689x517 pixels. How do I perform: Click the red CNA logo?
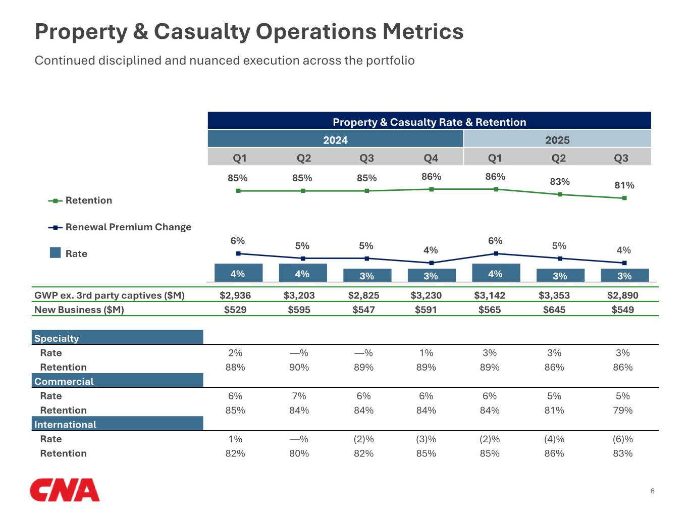(x=65, y=490)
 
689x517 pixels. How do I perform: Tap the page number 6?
(x=653, y=491)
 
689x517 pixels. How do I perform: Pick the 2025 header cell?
(x=557, y=140)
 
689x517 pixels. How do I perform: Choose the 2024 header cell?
(x=335, y=140)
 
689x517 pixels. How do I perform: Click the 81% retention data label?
(x=624, y=185)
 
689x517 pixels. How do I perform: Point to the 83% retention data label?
(x=560, y=182)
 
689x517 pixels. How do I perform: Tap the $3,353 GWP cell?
(x=554, y=295)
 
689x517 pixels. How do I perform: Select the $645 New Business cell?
(x=554, y=309)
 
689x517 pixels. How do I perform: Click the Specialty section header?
(x=57, y=338)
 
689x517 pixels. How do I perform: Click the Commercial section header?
(x=64, y=381)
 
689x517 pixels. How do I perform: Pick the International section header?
(x=65, y=424)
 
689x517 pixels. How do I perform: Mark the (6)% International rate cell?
(x=623, y=439)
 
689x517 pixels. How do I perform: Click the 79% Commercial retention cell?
(x=623, y=410)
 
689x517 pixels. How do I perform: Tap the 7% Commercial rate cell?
(x=299, y=396)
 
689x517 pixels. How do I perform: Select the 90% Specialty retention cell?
(x=299, y=367)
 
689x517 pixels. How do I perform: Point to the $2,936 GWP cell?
(x=235, y=295)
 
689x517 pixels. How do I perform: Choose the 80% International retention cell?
(x=299, y=453)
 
